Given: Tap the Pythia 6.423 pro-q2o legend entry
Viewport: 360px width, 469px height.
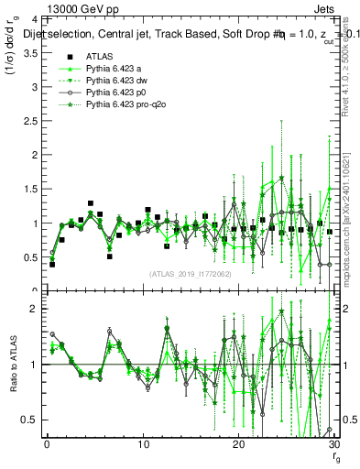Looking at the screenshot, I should (127, 107).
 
